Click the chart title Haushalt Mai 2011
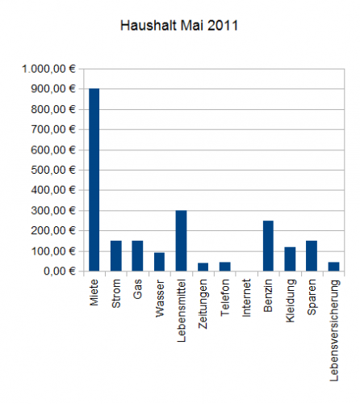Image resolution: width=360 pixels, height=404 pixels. click(179, 26)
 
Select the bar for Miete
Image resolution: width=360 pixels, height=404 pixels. click(94, 179)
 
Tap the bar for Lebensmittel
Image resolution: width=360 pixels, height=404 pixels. click(181, 241)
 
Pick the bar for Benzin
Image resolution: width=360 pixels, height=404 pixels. click(268, 246)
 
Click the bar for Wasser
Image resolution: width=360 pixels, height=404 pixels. click(159, 262)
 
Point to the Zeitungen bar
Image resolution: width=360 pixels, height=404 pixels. click(203, 267)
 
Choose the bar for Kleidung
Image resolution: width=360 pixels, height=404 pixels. click(290, 259)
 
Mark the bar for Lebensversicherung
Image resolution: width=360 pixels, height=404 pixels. click(333, 267)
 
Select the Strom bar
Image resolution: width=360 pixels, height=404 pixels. click(116, 256)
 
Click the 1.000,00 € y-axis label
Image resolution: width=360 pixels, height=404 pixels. click(48, 69)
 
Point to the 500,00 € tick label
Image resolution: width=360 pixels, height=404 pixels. click(53, 170)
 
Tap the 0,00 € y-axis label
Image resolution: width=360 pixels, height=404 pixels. click(60, 271)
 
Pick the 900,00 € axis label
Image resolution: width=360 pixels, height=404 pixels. click(53, 89)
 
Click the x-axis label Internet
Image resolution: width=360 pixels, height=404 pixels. click(246, 298)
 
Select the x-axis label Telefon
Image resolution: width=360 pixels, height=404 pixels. click(224, 297)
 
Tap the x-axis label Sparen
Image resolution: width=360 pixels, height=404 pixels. click(312, 297)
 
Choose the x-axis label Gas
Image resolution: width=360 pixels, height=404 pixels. click(137, 289)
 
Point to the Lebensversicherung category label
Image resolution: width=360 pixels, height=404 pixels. click(333, 330)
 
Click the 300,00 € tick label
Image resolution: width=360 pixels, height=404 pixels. click(53, 210)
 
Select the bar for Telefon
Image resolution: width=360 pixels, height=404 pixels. click(225, 267)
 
